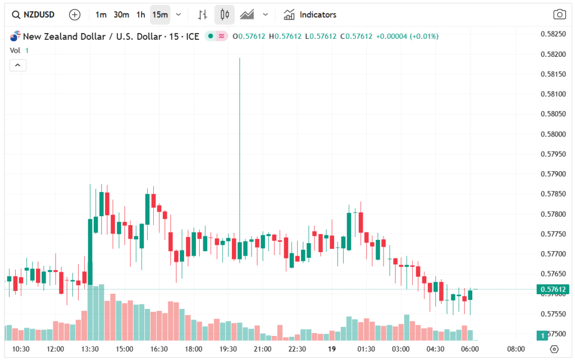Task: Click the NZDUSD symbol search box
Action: [34, 15]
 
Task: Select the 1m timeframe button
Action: [101, 15]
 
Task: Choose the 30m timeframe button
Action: [121, 15]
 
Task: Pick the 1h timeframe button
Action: [140, 15]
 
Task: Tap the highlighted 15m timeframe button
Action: [160, 15]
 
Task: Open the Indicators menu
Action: [310, 15]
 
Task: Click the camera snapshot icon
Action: [559, 15]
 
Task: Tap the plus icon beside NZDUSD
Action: [75, 15]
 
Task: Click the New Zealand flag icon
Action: [15, 37]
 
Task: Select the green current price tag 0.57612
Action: [553, 290]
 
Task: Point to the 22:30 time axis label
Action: [297, 349]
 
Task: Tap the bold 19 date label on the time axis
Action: [332, 349]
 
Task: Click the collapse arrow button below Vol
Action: [17, 65]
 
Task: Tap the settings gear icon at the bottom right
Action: [554, 349]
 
